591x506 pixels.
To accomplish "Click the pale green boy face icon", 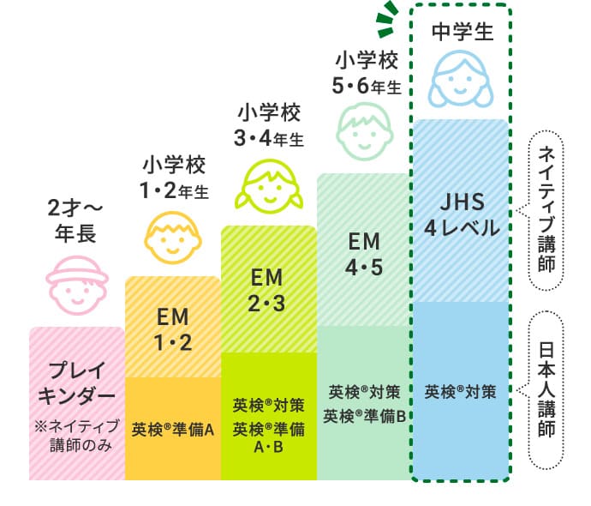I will (x=364, y=132).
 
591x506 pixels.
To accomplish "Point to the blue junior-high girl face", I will (x=461, y=76).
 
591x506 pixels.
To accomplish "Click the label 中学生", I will (x=462, y=32).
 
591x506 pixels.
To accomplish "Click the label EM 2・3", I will (x=269, y=289).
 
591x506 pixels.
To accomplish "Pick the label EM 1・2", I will (x=174, y=330).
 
